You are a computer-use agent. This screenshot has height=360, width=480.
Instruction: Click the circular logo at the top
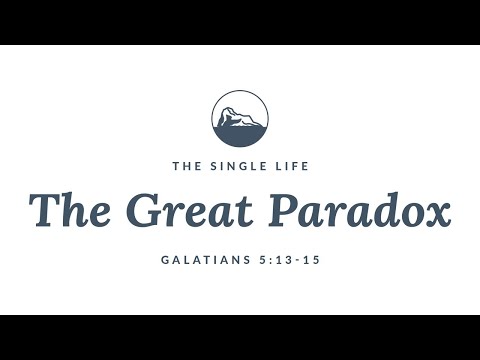coord(240,118)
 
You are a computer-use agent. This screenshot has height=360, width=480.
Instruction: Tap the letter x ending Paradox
coord(436,213)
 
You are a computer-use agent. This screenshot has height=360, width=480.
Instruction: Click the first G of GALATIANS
coord(166,259)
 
